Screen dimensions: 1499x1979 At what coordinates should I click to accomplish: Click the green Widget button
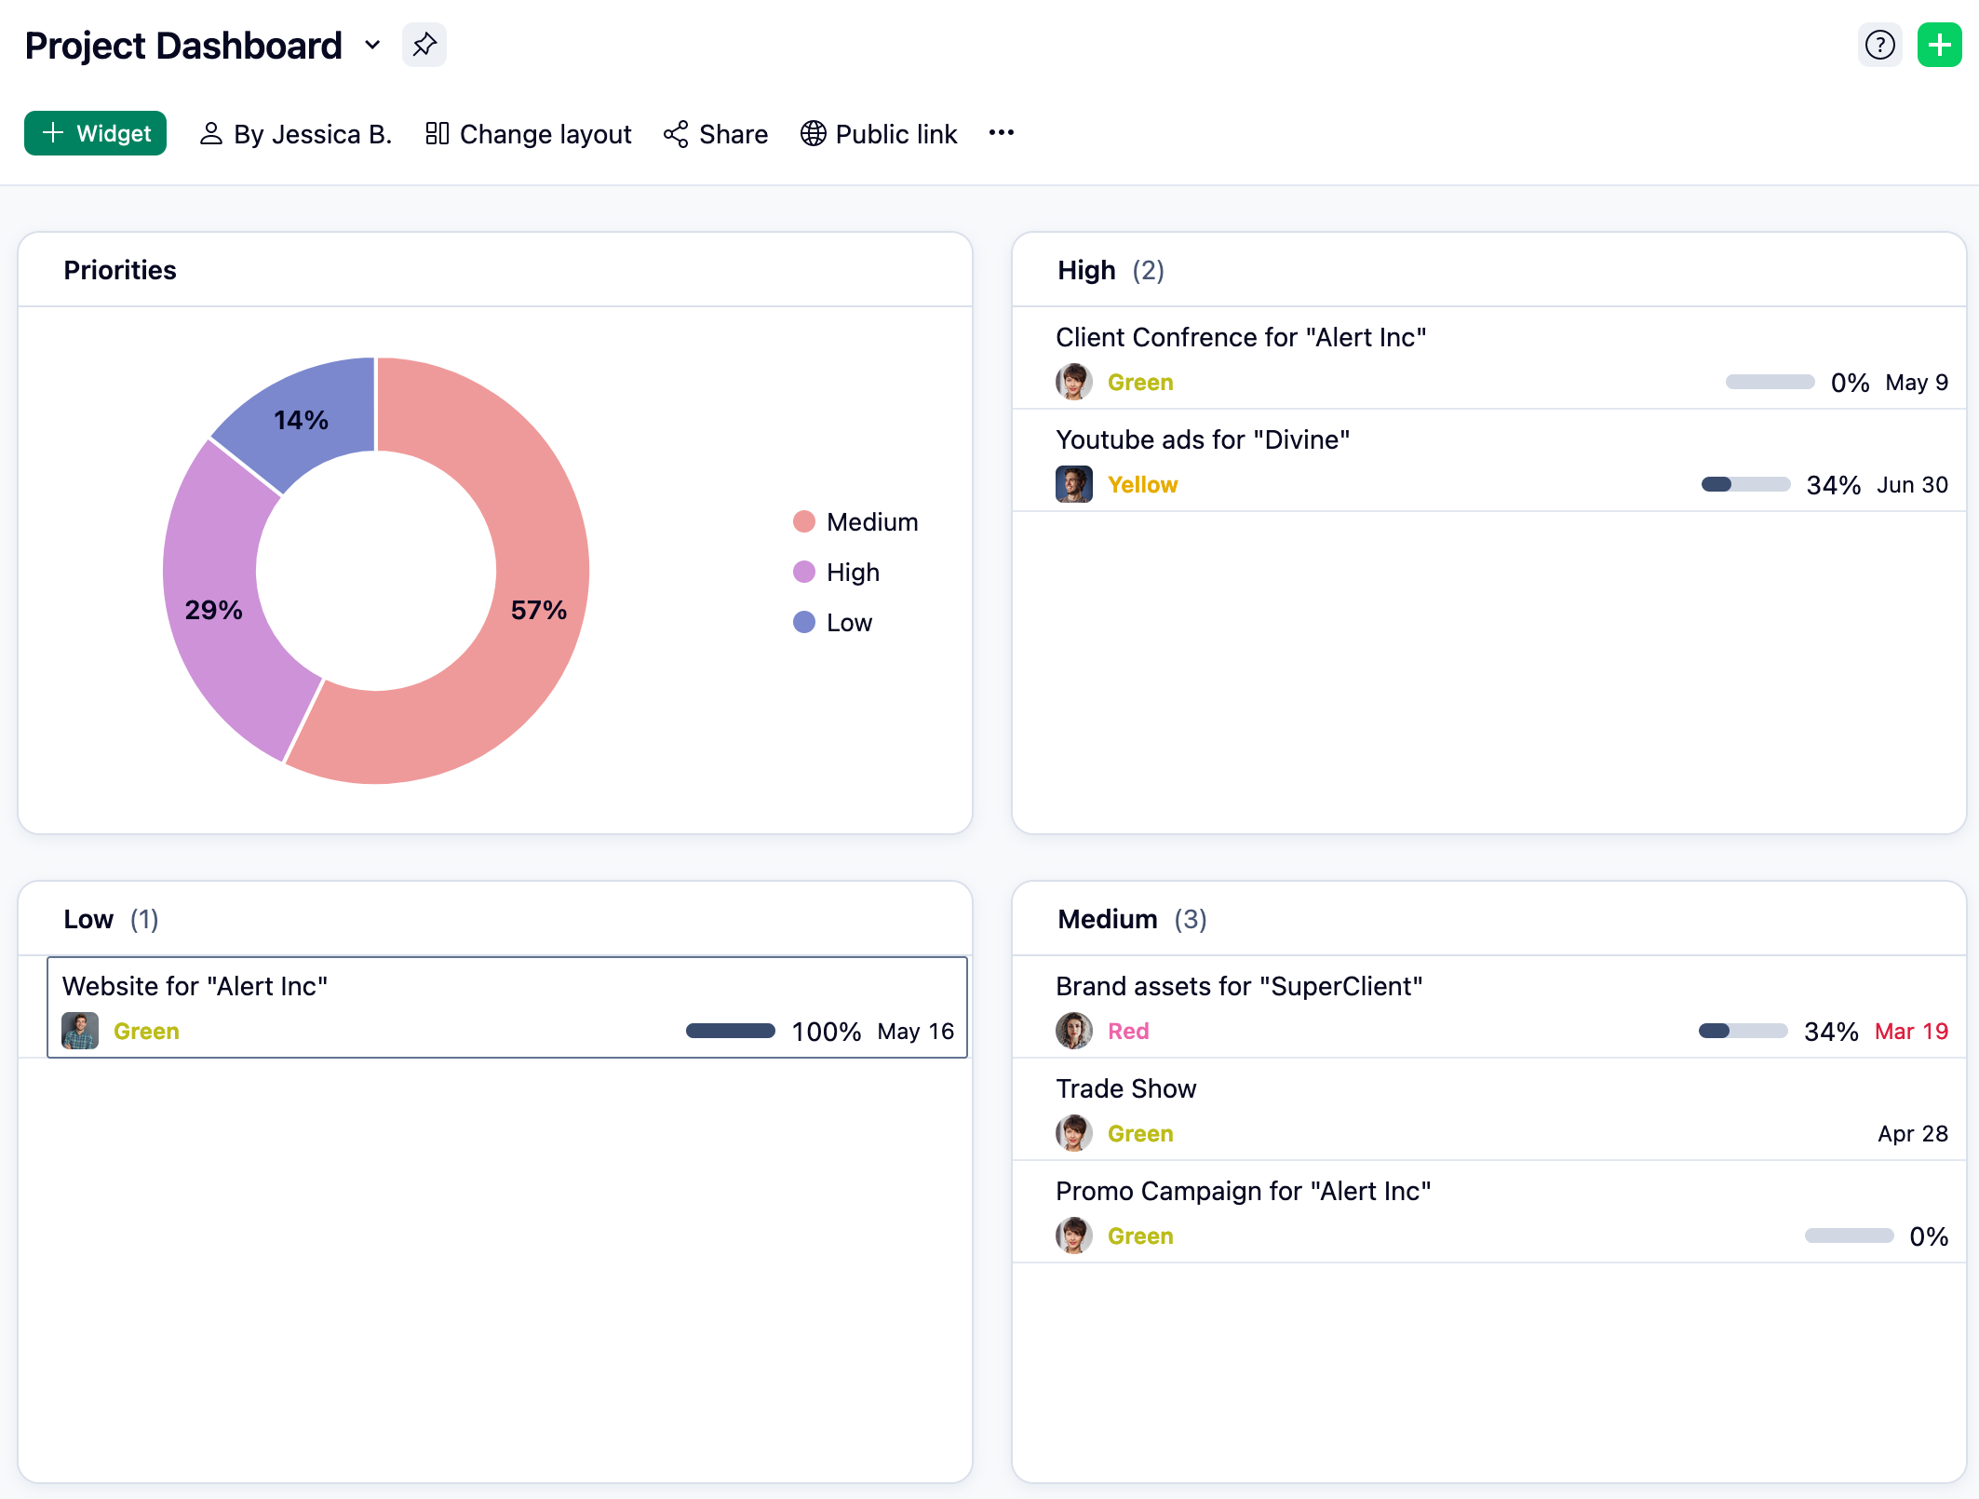coord(95,133)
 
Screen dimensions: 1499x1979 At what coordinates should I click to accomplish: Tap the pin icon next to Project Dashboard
coord(424,45)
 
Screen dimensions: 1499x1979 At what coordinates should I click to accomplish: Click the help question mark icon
coord(1879,45)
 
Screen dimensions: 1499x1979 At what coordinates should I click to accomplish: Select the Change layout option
coord(528,134)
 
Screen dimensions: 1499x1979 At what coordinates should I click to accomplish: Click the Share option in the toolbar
coord(715,134)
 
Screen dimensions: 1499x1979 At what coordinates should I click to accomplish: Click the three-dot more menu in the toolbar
coord(1002,133)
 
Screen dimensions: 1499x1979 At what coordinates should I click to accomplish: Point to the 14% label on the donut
coord(301,420)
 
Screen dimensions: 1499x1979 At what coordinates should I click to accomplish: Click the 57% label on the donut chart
coord(538,610)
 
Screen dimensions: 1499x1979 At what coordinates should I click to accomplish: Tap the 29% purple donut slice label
coord(213,610)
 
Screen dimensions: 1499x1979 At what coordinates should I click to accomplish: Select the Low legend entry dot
coord(804,622)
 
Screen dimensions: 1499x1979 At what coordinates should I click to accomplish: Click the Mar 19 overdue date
coord(1911,1032)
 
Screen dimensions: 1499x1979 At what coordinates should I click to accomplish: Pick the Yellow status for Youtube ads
coord(1142,485)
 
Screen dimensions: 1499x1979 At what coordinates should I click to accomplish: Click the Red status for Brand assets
coord(1128,1032)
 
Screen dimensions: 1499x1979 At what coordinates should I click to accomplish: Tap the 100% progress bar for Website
coord(730,1031)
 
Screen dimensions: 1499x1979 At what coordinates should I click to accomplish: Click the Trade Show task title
coord(1125,1088)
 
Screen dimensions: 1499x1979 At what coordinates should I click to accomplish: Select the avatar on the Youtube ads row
coord(1073,484)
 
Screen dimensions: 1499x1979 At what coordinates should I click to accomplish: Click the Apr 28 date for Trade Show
coord(1912,1134)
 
